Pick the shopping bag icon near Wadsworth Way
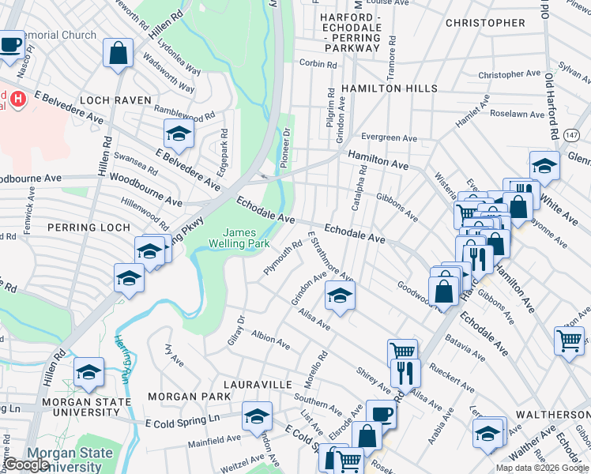click(x=118, y=54)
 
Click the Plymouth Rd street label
click(x=282, y=258)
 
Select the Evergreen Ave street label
click(x=387, y=138)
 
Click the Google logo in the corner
click(x=26, y=465)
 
